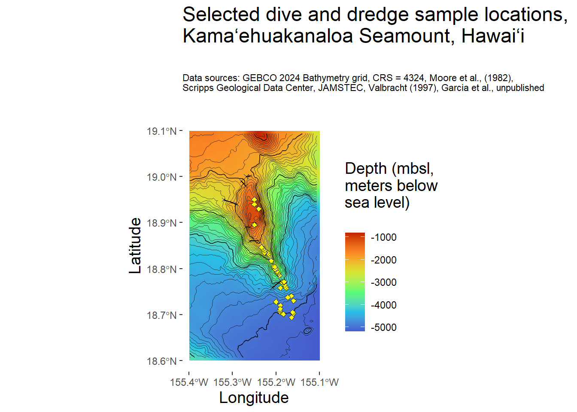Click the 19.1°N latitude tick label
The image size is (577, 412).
tap(161, 131)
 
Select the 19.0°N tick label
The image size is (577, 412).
tap(161, 177)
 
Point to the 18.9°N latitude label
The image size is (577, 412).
tap(161, 223)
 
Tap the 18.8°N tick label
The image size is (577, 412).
tap(161, 270)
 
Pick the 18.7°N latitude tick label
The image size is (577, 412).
tap(161, 315)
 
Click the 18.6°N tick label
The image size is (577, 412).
tap(161, 361)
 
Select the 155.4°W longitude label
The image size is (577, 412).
tap(189, 382)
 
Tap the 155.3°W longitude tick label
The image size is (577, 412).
tap(232, 382)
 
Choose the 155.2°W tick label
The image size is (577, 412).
tap(276, 382)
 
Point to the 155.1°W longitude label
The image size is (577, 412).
tap(320, 382)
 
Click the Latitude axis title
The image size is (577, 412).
tap(135, 245)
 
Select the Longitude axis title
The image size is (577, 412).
tap(254, 398)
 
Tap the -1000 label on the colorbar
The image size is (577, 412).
tap(383, 237)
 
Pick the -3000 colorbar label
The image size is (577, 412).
tap(383, 282)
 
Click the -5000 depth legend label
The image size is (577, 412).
tap(383, 327)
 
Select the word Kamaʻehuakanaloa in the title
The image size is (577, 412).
tap(267, 36)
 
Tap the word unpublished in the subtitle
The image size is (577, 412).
tap(520, 88)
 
